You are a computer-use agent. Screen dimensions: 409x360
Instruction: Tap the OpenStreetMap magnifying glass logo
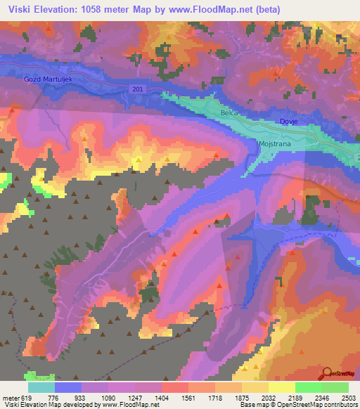327,373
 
